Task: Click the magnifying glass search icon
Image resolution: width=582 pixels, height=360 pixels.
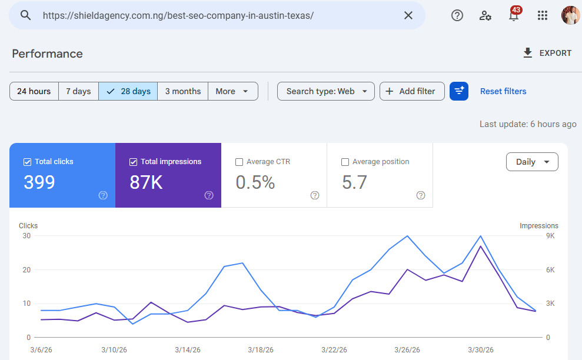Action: pyautogui.click(x=25, y=15)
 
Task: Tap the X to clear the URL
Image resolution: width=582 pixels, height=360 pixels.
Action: pyautogui.click(x=408, y=15)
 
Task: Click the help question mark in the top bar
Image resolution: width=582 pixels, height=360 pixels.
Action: pyautogui.click(x=457, y=15)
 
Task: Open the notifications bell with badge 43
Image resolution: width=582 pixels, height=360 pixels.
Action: pyautogui.click(x=514, y=15)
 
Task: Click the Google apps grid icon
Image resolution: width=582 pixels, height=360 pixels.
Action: pyautogui.click(x=543, y=15)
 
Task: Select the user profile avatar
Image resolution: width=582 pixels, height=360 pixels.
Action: pyautogui.click(x=570, y=15)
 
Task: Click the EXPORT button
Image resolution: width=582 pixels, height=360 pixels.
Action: pyautogui.click(x=547, y=53)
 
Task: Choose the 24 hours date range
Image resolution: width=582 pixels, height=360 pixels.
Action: pyautogui.click(x=34, y=91)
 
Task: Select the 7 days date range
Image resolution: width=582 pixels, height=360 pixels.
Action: pyautogui.click(x=78, y=91)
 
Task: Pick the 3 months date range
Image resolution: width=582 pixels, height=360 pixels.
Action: pyautogui.click(x=182, y=91)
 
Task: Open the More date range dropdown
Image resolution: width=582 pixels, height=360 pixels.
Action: pyautogui.click(x=232, y=91)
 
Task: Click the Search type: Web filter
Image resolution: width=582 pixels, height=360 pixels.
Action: pyautogui.click(x=325, y=91)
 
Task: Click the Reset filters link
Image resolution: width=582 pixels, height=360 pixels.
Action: pyautogui.click(x=503, y=91)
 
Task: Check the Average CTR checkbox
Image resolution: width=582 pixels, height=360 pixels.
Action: pyautogui.click(x=239, y=162)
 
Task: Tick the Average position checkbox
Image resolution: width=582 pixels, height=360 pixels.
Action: pyautogui.click(x=345, y=162)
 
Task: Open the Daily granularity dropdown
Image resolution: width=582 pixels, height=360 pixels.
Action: pyautogui.click(x=532, y=162)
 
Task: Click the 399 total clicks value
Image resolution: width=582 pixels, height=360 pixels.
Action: pyautogui.click(x=39, y=182)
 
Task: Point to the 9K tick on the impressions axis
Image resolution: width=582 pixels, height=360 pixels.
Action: pyautogui.click(x=550, y=236)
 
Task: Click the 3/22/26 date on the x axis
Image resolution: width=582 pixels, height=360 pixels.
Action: pyautogui.click(x=334, y=349)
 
